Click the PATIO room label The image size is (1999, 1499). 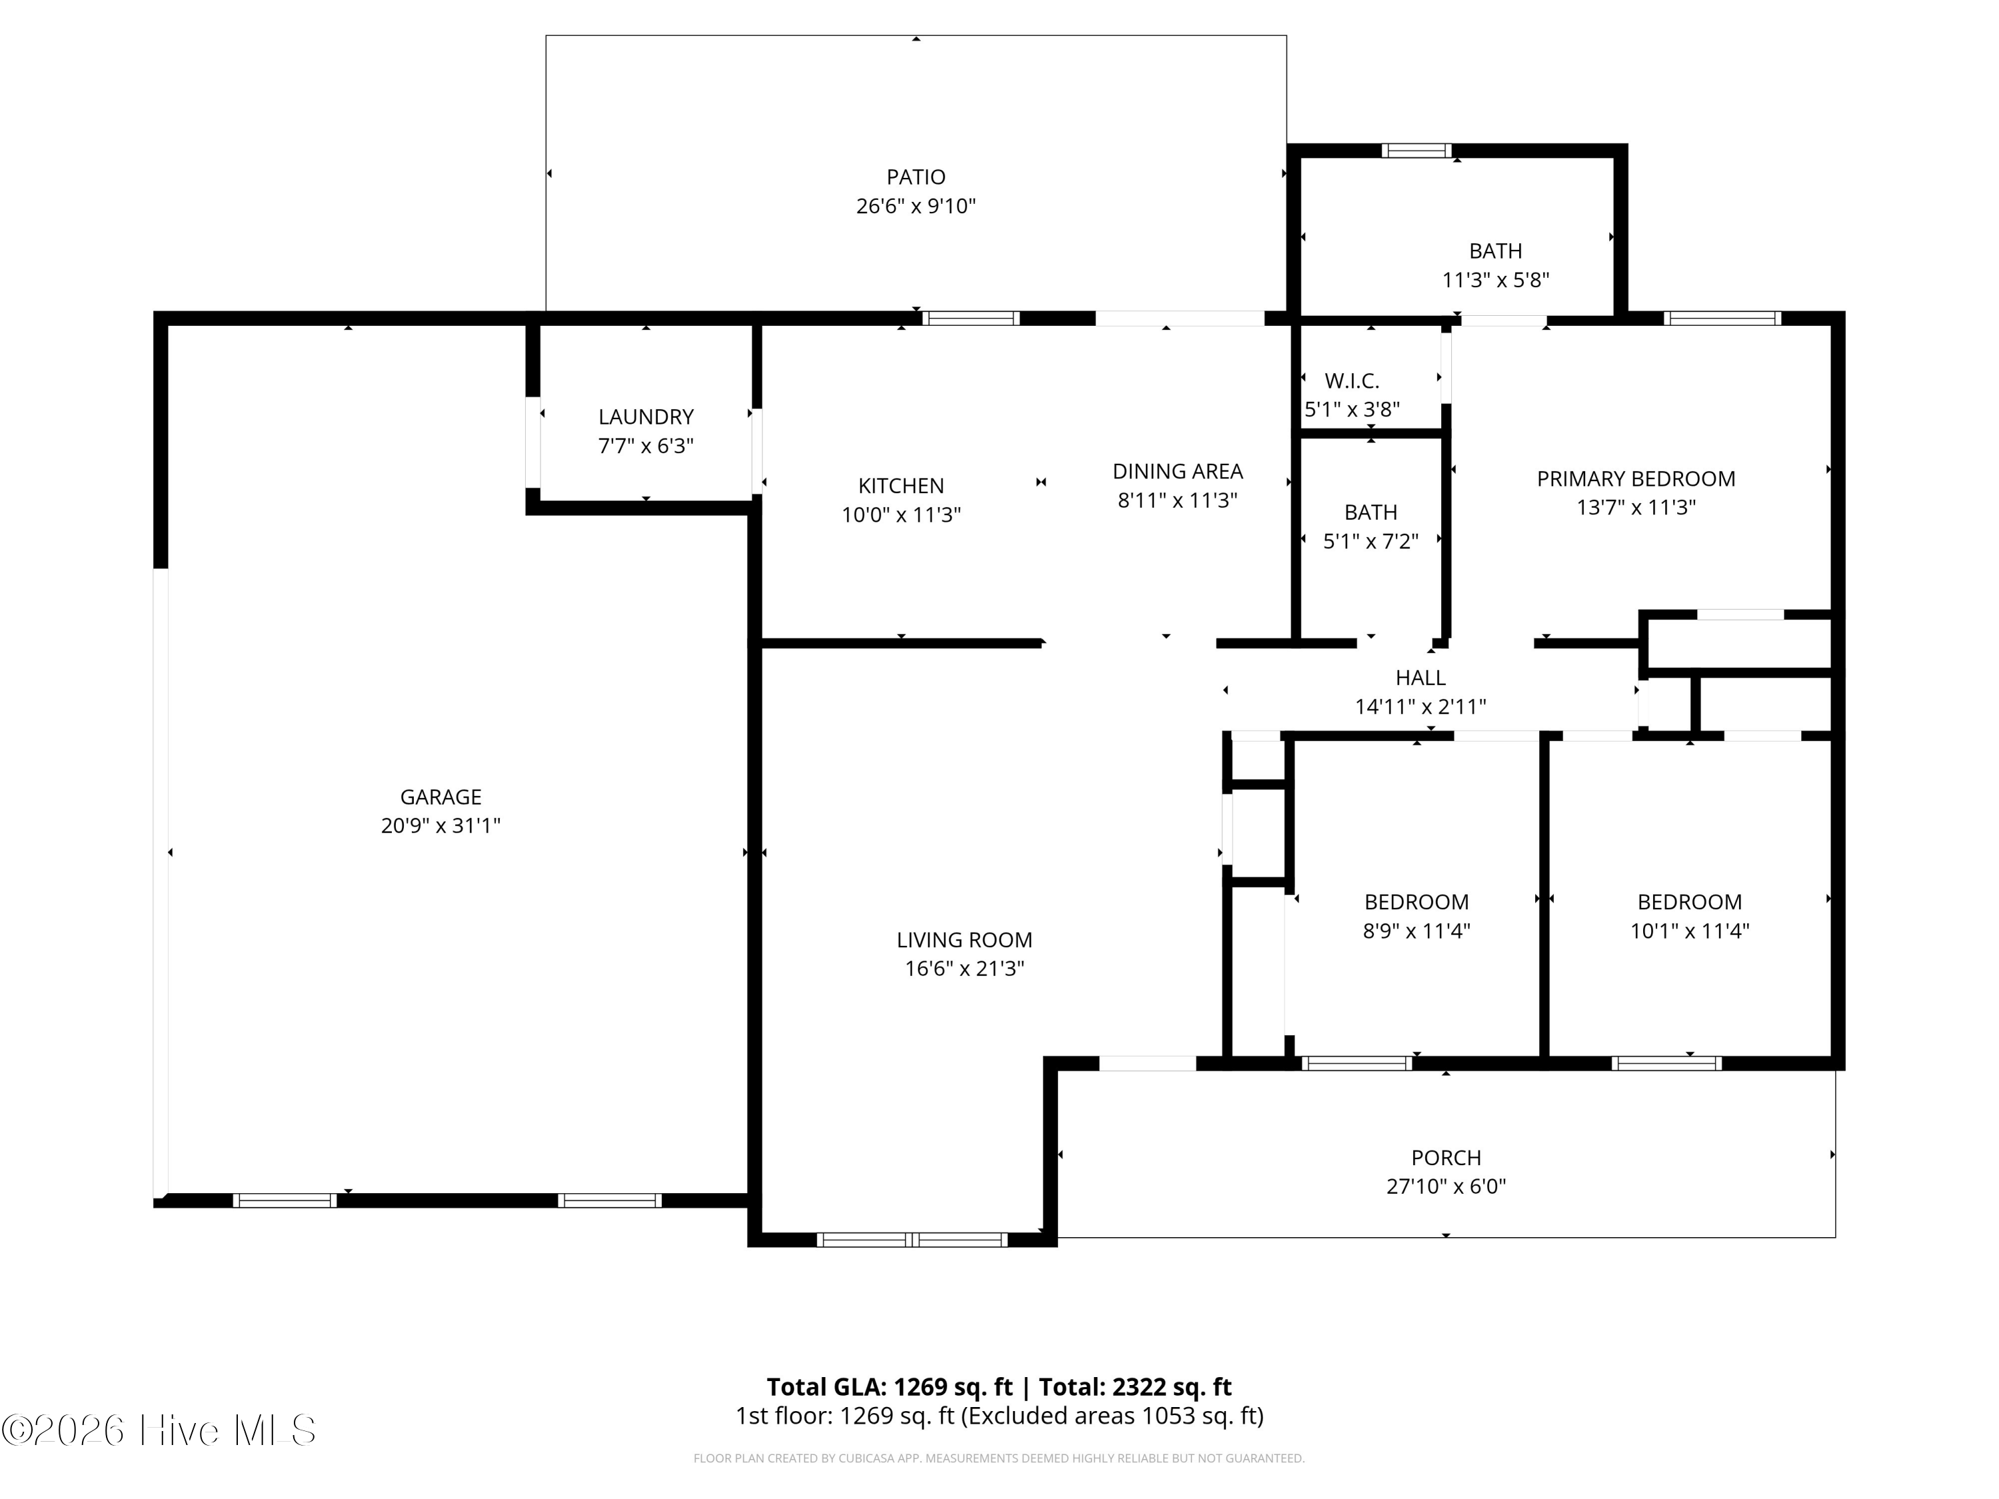916,177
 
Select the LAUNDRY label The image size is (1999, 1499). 645,416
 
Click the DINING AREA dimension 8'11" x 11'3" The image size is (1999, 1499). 1177,500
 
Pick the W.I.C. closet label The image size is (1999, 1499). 1352,380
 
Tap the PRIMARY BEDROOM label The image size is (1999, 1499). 1636,479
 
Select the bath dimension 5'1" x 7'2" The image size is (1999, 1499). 1371,541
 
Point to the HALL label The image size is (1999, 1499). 1421,678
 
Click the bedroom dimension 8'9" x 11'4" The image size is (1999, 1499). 1416,931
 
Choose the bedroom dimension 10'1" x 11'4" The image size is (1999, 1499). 1689,931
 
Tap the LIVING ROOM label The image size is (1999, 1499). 964,939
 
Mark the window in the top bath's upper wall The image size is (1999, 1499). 1416,151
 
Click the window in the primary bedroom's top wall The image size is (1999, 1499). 1722,318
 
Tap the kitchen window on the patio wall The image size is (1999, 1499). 971,318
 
